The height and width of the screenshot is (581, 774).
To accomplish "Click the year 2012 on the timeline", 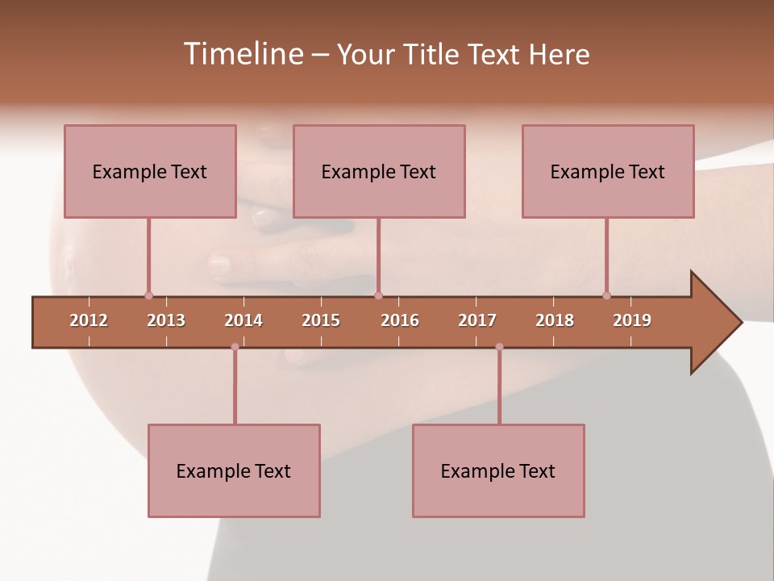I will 89,321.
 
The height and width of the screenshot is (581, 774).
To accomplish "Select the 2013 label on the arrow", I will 166,321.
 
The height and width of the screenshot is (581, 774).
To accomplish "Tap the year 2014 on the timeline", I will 243,321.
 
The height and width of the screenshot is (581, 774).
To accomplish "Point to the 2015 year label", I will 321,321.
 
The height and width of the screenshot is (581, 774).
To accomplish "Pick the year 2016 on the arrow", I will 400,321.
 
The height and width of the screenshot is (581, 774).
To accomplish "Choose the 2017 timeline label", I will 477,321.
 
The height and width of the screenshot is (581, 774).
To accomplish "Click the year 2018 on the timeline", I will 555,321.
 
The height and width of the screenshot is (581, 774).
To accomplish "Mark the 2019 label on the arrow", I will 632,321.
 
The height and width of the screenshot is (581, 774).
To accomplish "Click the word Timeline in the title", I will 242,54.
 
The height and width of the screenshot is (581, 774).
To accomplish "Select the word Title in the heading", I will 431,54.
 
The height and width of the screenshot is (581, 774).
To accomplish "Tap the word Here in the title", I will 559,54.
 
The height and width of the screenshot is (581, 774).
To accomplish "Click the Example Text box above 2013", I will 150,171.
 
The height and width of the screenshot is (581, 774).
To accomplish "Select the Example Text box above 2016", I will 379,171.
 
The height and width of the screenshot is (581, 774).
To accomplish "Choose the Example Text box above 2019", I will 608,171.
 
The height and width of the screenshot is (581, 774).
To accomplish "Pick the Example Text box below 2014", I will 234,470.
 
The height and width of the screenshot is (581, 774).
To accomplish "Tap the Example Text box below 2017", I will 498,470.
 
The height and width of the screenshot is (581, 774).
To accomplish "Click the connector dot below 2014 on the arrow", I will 235,347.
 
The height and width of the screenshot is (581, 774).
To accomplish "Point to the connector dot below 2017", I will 499,347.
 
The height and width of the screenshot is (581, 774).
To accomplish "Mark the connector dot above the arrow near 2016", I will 378,295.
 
